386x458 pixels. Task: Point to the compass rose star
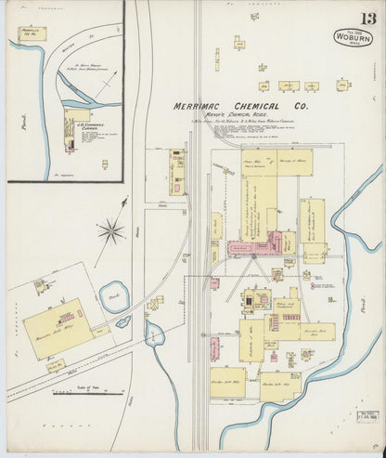coord(111,229)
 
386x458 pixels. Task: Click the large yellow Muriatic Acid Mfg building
coord(58,329)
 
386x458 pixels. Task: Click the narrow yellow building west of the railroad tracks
coord(177,171)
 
